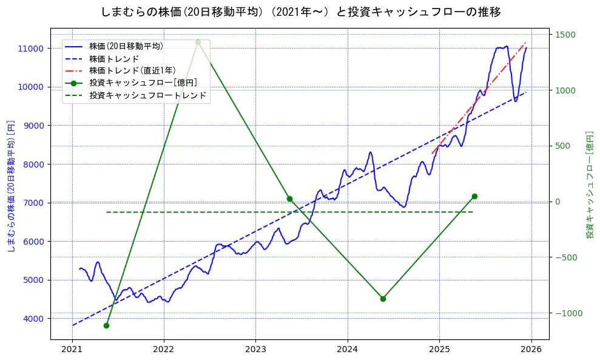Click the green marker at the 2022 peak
pos(198,42)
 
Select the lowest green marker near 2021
pos(106,325)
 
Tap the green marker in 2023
pos(289,199)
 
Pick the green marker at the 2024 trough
pos(383,299)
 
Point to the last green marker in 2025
pos(474,196)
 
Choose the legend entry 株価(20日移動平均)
pos(126,46)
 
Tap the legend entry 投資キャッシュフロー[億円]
pos(143,83)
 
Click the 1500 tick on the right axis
pos(564,35)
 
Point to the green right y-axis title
pos(589,185)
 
